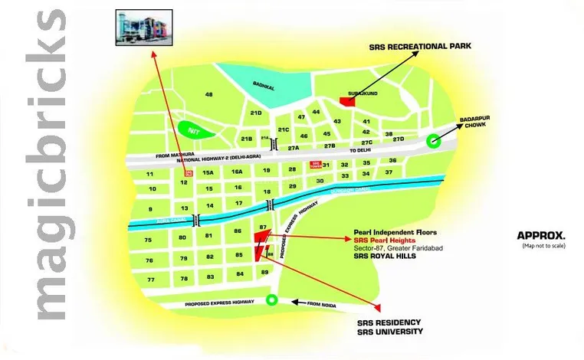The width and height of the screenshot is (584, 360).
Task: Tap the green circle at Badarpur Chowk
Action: pos(434,140)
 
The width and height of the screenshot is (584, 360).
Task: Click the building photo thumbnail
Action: pos(143,29)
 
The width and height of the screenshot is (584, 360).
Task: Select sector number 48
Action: pos(208,95)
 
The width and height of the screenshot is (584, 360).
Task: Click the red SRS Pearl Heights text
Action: pos(385,240)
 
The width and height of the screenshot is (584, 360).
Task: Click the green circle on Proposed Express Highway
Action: pos(270,300)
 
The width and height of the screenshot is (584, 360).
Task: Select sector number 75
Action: pos(149,240)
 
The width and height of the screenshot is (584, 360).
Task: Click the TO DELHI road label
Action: pos(359,152)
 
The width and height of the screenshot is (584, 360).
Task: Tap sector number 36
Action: pos(392,161)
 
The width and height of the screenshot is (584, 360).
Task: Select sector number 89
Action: pos(264,272)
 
